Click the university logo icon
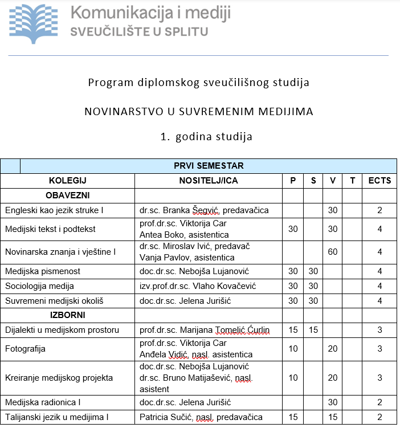[x=36, y=21]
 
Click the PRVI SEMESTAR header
[x=209, y=166]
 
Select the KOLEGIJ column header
[x=67, y=181]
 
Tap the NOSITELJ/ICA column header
[x=209, y=181]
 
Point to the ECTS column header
[x=379, y=181]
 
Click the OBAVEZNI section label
[x=67, y=195]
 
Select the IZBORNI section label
[x=67, y=315]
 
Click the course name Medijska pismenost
[x=43, y=271]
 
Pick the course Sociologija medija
[x=40, y=286]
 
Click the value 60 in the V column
[x=333, y=251]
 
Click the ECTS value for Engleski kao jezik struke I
[x=379, y=210]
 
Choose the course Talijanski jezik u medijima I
[x=56, y=418]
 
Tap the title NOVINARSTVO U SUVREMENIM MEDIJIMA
[x=199, y=112]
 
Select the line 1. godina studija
[x=199, y=137]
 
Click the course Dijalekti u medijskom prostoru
[x=62, y=329]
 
